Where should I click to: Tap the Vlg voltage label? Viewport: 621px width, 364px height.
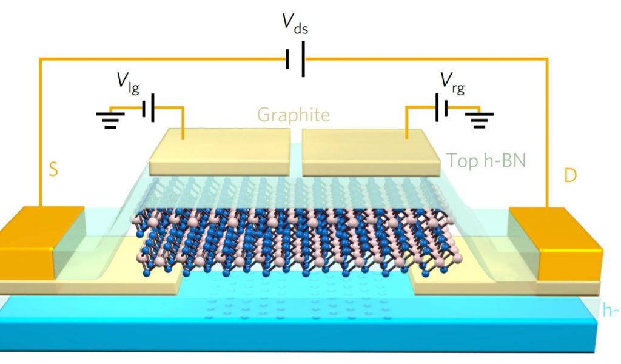point(129,84)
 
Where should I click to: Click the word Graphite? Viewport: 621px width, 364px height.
point(294,114)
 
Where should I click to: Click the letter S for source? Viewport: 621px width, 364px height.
point(53,170)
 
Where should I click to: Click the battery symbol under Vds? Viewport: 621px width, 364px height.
point(295,59)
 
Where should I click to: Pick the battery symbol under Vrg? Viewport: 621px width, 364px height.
point(441,107)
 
